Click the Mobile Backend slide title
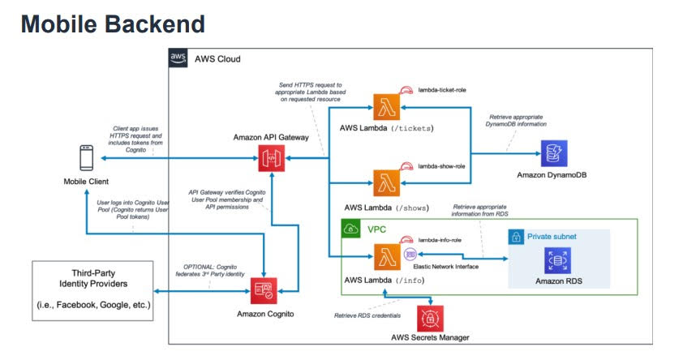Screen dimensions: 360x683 [113, 24]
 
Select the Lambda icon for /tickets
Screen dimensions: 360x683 [384, 107]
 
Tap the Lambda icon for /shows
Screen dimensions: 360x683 [384, 181]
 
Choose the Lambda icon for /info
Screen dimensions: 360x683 [384, 258]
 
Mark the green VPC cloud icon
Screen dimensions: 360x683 [351, 229]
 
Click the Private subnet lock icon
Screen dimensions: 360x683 [517, 238]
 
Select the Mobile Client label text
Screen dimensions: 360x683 [85, 181]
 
